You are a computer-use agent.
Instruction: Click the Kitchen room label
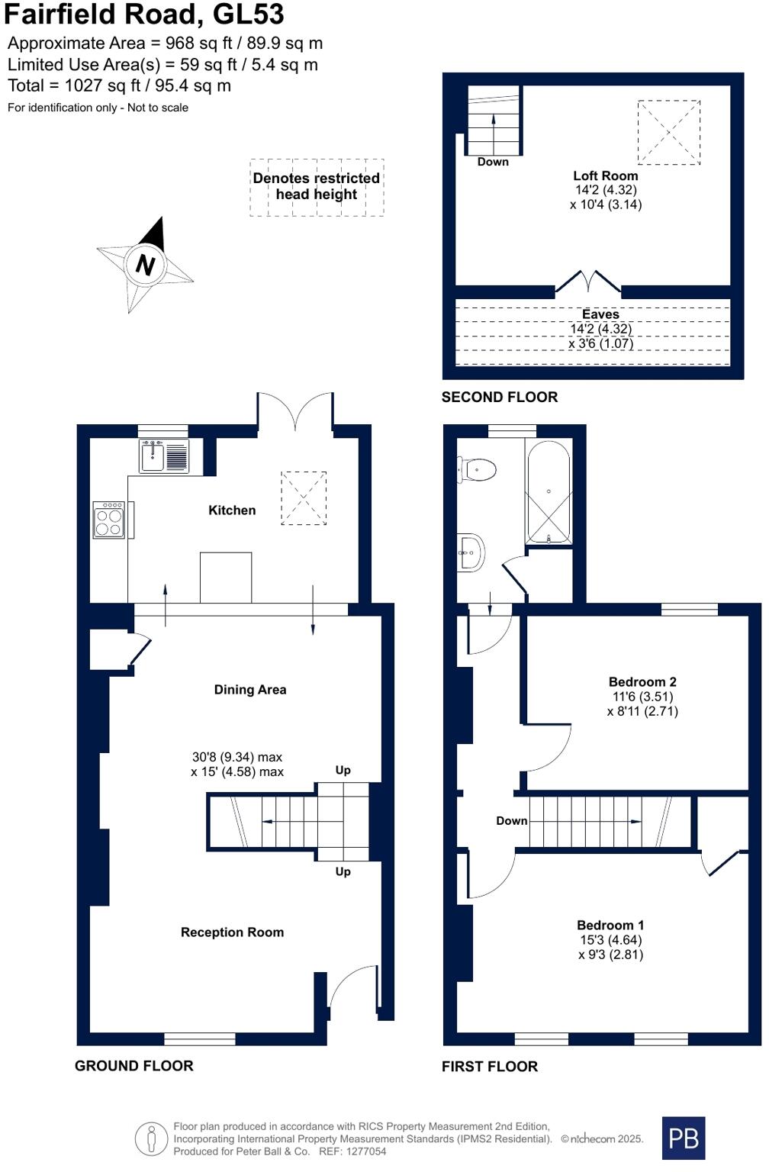232,510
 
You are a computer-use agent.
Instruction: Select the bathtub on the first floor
548,493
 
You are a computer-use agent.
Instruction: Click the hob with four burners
108,520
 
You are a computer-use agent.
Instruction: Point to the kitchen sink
153,456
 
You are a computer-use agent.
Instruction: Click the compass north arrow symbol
145,264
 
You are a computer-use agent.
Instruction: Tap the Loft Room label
605,175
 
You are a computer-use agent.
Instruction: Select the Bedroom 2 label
642,682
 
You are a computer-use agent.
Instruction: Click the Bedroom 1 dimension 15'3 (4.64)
610,940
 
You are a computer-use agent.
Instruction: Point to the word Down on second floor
493,162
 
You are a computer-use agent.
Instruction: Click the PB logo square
683,1138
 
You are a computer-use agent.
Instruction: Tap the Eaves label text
600,314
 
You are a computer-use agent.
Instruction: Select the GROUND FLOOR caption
134,1066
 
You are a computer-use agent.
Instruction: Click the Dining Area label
250,690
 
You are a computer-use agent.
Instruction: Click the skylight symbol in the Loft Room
668,132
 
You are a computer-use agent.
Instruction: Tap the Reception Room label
232,932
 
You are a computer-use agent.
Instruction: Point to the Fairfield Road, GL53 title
145,14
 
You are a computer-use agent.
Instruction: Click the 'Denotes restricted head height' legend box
317,187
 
